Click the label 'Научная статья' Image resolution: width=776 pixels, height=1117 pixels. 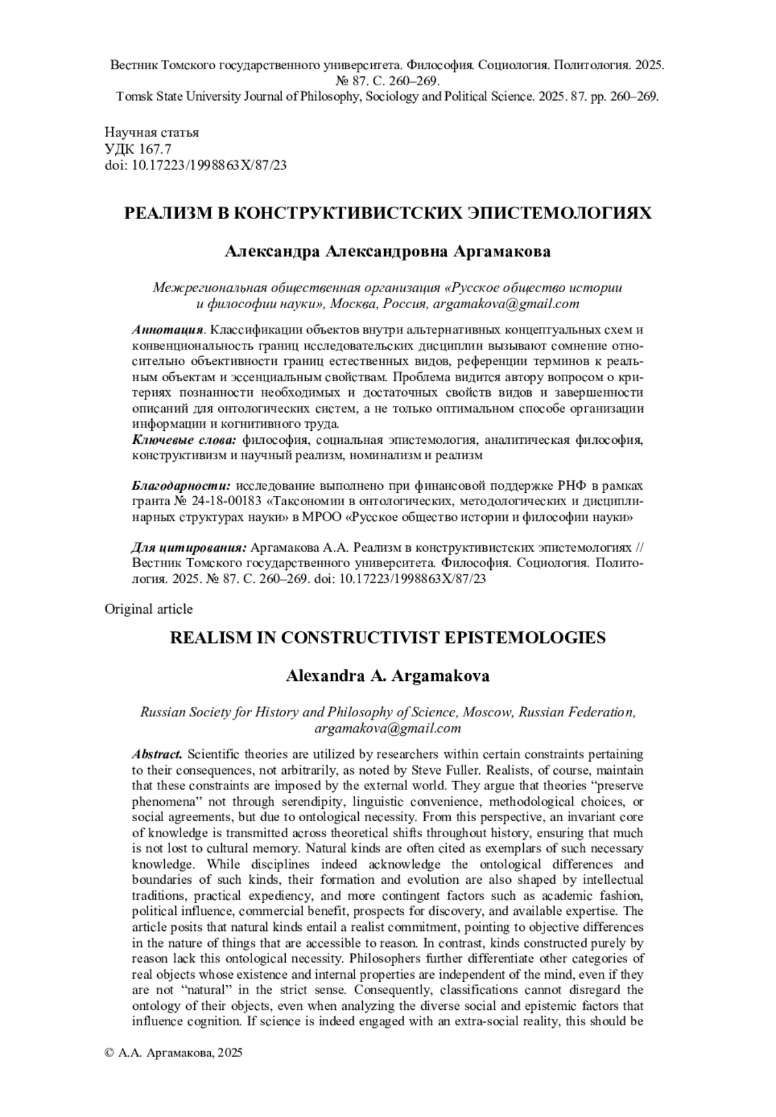click(151, 132)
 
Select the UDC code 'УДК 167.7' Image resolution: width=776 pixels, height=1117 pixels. click(138, 149)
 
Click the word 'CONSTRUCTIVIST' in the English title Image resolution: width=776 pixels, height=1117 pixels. click(360, 638)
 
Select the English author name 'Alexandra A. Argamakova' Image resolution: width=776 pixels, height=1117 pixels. click(387, 676)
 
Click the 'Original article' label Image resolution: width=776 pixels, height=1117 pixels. click(148, 609)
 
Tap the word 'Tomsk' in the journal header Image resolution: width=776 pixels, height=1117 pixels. click(133, 97)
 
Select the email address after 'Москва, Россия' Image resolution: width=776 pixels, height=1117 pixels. click(506, 304)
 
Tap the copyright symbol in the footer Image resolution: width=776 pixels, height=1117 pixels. click(109, 1053)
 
